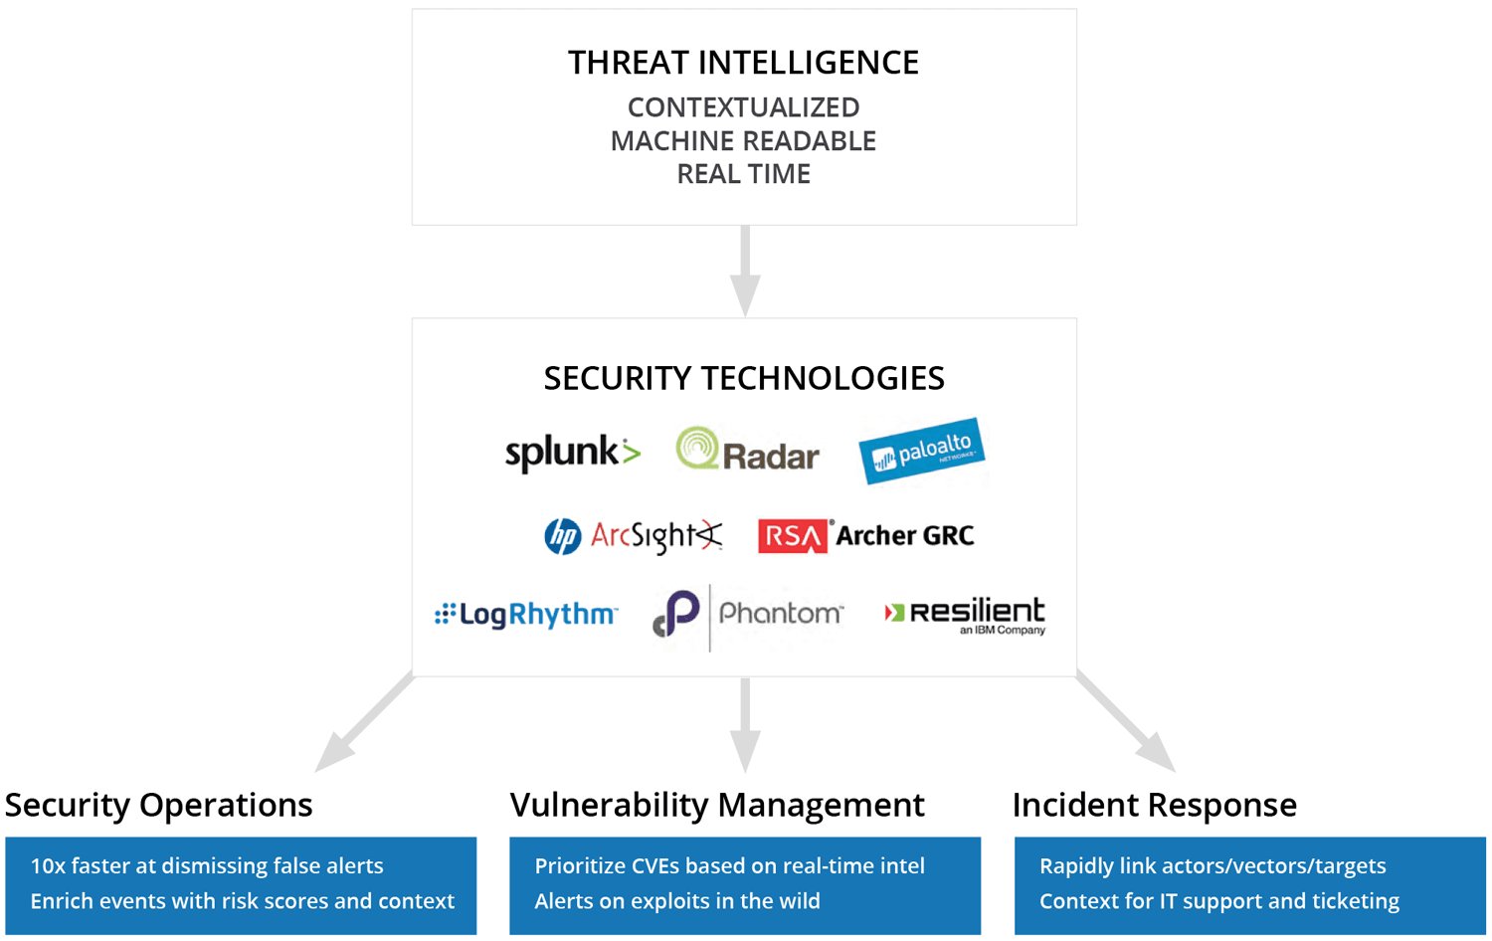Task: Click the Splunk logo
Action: click(573, 454)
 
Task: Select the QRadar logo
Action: click(747, 450)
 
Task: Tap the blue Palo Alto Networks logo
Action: click(922, 451)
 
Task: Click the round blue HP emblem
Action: click(562, 536)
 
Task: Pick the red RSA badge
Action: click(793, 536)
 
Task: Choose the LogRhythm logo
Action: click(525, 614)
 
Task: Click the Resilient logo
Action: click(965, 616)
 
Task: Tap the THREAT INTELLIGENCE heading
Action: click(743, 64)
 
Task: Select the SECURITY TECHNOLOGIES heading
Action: click(744, 378)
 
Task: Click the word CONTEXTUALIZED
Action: click(743, 107)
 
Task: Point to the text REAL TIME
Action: click(743, 174)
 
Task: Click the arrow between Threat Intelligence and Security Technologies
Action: click(745, 271)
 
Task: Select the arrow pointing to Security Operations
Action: click(364, 722)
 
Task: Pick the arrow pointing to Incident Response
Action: click(1126, 722)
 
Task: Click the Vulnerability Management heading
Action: click(717, 805)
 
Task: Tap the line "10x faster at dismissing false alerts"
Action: click(207, 865)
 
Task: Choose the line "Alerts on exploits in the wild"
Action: click(677, 901)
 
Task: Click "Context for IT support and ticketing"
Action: click(1219, 901)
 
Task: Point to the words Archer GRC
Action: click(905, 535)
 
